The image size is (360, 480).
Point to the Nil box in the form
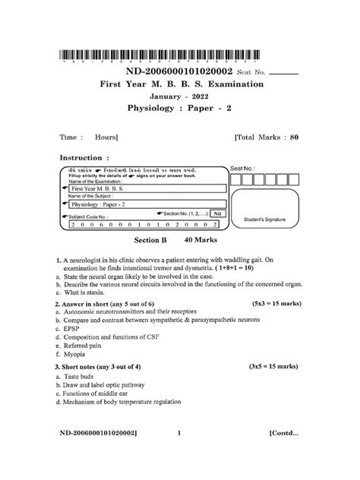tap(218, 215)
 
